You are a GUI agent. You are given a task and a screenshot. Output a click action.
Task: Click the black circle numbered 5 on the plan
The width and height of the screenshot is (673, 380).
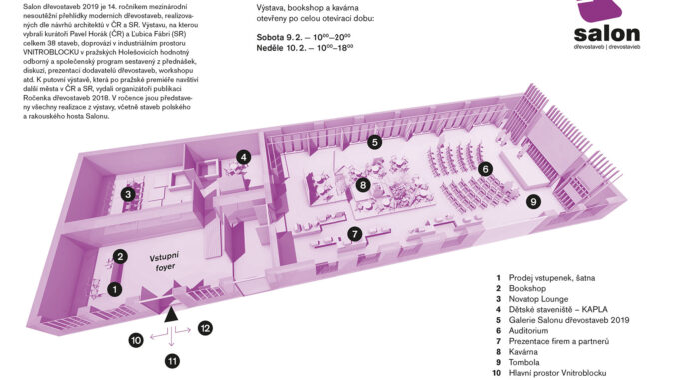[x=375, y=142]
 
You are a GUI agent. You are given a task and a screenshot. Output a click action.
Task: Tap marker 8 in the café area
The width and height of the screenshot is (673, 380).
[x=363, y=185]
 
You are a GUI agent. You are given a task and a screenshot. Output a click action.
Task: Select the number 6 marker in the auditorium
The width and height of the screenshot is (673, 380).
[x=485, y=169]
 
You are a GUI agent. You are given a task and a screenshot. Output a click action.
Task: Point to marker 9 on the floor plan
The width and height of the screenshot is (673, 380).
[x=533, y=201]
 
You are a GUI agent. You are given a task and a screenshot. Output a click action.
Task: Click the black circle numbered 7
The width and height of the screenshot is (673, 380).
[x=354, y=234]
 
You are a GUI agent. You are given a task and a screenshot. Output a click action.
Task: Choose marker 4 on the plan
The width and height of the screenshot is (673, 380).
[x=243, y=157]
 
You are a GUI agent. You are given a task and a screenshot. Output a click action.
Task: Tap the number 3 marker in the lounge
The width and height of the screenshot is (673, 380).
[x=128, y=194]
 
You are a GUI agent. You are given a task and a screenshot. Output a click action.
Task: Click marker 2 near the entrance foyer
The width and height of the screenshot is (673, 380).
[x=120, y=257]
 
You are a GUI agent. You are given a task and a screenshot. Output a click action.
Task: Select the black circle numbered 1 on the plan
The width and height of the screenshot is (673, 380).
[x=114, y=289]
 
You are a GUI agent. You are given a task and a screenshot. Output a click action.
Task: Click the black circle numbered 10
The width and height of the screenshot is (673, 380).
[x=136, y=340]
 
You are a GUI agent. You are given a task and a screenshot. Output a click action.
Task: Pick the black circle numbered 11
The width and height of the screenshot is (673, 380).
[x=172, y=361]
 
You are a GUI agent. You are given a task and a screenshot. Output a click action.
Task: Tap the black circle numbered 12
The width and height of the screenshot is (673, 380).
[x=205, y=328]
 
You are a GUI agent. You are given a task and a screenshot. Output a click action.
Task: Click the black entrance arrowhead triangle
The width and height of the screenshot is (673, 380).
[x=171, y=315]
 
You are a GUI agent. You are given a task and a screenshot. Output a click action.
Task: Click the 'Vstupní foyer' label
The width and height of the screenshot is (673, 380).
[x=164, y=262]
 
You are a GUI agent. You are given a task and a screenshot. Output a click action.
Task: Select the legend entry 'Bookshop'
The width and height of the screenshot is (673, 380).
[x=527, y=288]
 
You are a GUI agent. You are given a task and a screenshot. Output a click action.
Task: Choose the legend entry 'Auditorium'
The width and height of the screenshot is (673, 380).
[x=528, y=331]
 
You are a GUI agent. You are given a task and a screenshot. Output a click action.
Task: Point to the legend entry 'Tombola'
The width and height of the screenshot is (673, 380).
[x=524, y=362]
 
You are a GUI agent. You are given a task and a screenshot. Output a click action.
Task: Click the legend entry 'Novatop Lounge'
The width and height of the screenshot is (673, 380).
[x=538, y=299]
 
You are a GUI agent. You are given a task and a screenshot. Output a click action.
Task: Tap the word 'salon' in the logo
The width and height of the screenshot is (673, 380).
[x=606, y=34]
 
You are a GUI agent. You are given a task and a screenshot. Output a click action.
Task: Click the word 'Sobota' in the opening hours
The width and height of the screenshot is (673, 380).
[x=270, y=37]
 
